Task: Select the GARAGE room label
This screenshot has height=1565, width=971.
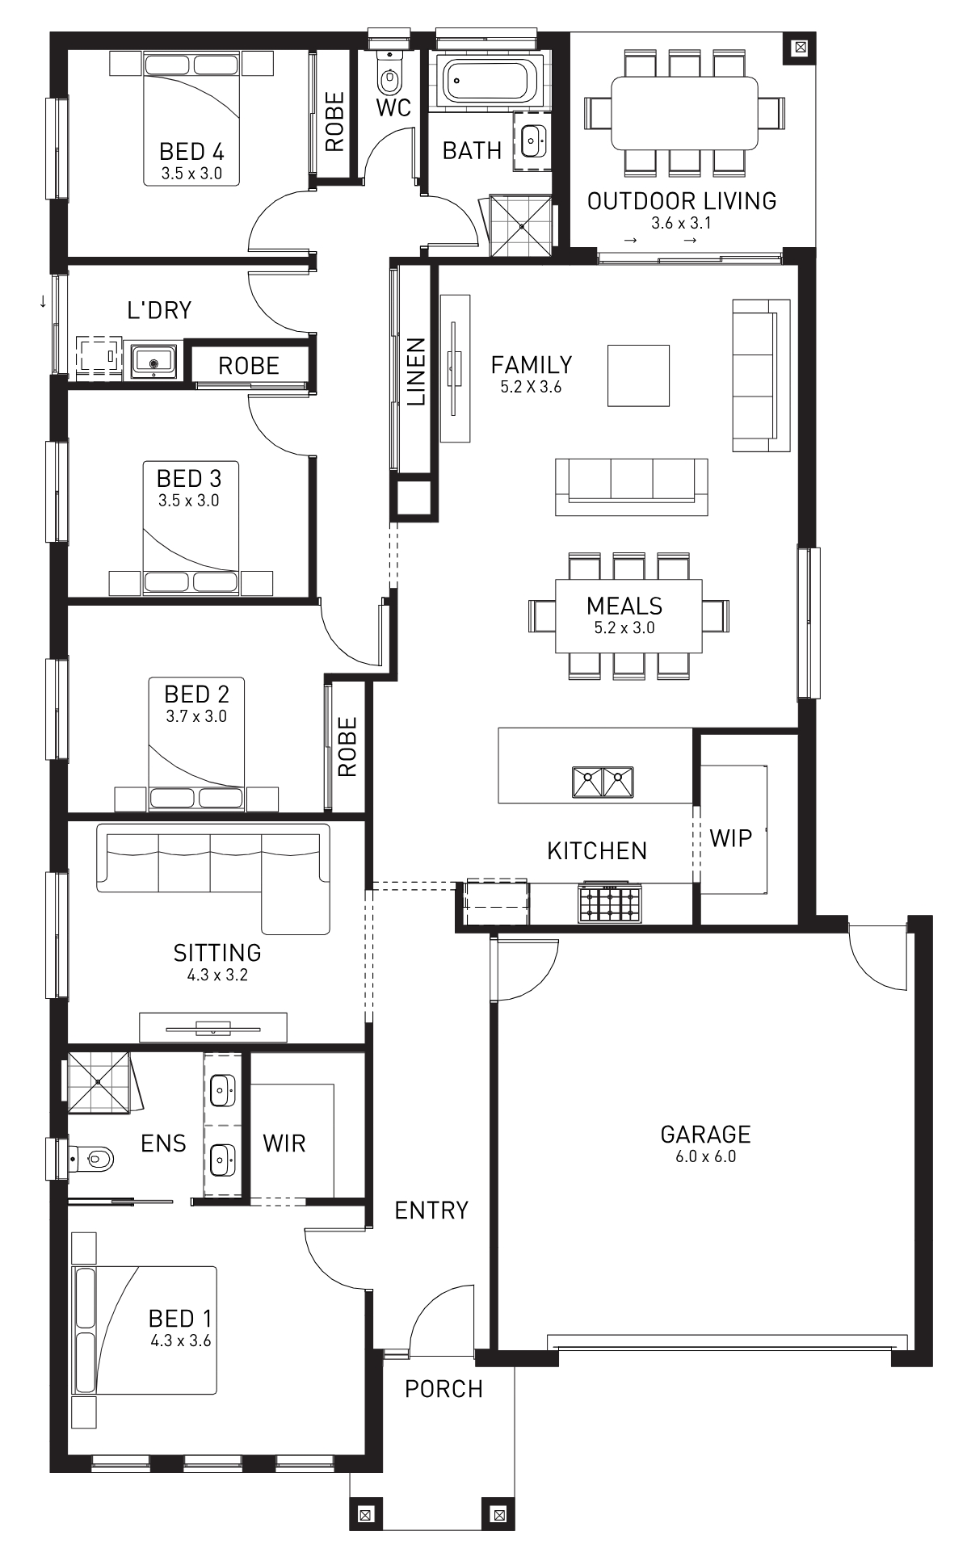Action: [705, 1135]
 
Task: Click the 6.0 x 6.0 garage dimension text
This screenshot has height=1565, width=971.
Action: [705, 1156]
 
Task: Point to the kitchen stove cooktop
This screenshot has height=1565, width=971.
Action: [610, 904]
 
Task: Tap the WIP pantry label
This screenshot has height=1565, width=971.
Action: [730, 838]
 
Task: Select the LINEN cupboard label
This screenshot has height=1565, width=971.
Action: [415, 371]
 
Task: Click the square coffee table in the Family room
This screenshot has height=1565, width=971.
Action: [638, 376]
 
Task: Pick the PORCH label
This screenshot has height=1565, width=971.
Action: [443, 1389]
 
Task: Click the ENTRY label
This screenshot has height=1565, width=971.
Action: [431, 1210]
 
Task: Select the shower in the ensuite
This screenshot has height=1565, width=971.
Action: [98, 1081]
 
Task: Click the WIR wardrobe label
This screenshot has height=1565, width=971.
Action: [284, 1143]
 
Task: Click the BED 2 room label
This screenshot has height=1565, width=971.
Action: [196, 694]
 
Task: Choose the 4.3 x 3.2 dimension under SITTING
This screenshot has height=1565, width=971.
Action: [217, 976]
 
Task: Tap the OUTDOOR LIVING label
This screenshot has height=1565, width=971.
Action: [682, 201]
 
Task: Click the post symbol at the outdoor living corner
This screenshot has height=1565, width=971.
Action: [800, 47]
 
